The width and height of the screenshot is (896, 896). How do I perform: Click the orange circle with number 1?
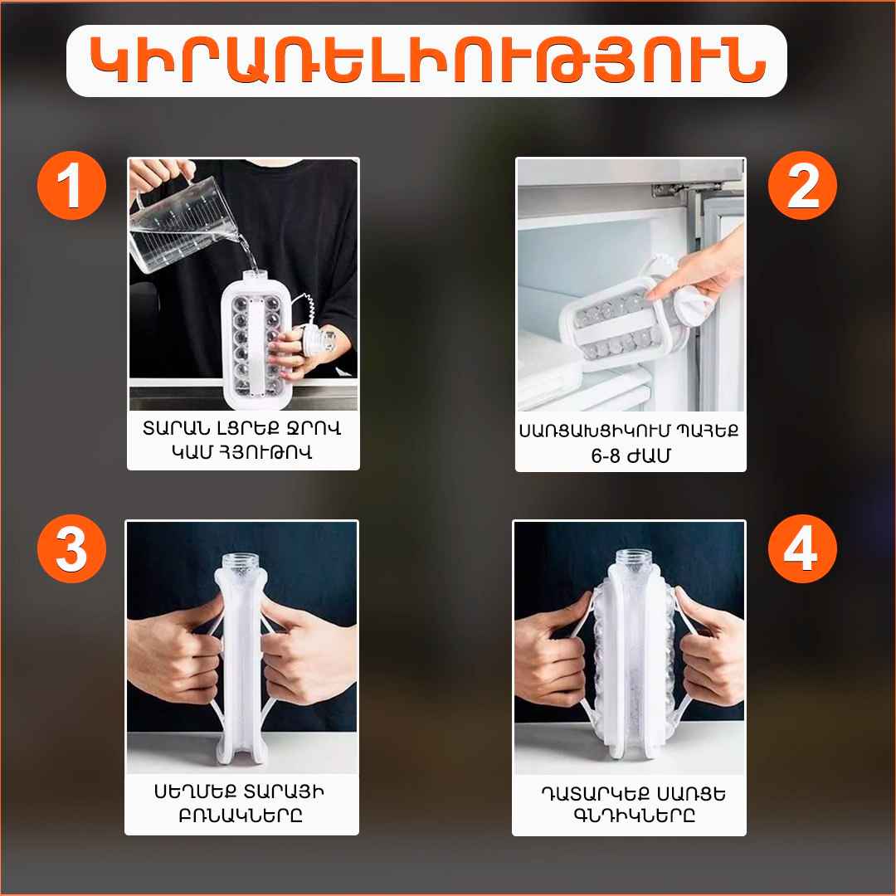pos(71,185)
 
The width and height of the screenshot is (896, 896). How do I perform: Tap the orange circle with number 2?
pos(802,185)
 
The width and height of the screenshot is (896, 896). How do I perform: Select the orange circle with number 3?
pos(71,548)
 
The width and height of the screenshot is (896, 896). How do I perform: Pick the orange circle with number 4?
pos(802,548)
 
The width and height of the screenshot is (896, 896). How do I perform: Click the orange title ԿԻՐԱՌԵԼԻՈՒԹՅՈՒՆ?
pos(427,61)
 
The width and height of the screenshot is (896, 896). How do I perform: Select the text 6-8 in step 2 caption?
pos(606,455)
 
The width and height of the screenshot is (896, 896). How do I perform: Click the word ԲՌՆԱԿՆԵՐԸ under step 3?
pos(241,816)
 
